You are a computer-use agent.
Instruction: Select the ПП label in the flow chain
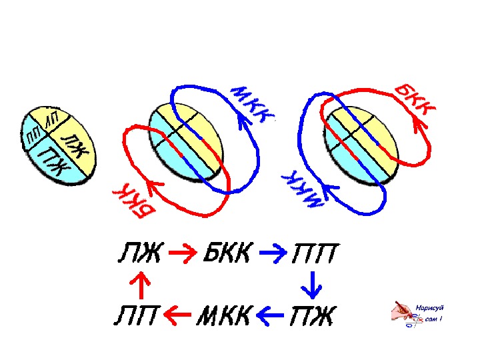[313, 254]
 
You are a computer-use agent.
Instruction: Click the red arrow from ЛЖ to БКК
[180, 254]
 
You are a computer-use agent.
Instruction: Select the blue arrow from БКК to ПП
[271, 254]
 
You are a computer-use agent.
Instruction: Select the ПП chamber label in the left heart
[32, 138]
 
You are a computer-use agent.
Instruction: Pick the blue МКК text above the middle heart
[251, 104]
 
